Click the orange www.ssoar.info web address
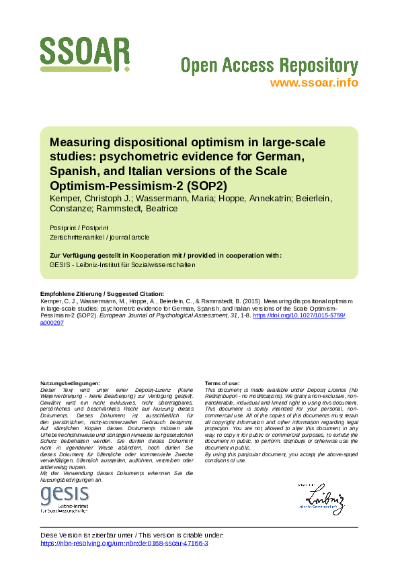pos(313,83)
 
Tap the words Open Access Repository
pos(269,65)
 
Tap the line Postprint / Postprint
pos(78,227)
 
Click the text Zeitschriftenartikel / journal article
pos(99,237)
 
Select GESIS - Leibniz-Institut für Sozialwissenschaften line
pos(122,264)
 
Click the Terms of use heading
pos(222,383)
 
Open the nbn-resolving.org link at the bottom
pos(124,544)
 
